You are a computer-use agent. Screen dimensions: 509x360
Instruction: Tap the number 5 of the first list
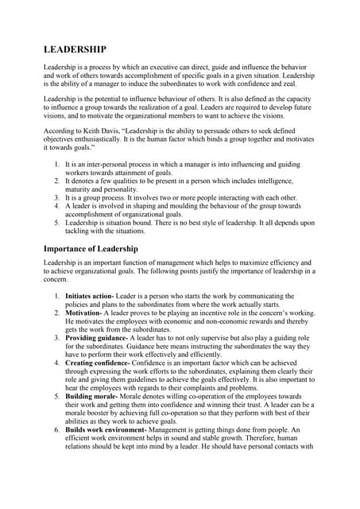click(57, 223)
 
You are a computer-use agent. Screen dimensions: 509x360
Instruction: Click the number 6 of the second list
click(57, 429)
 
